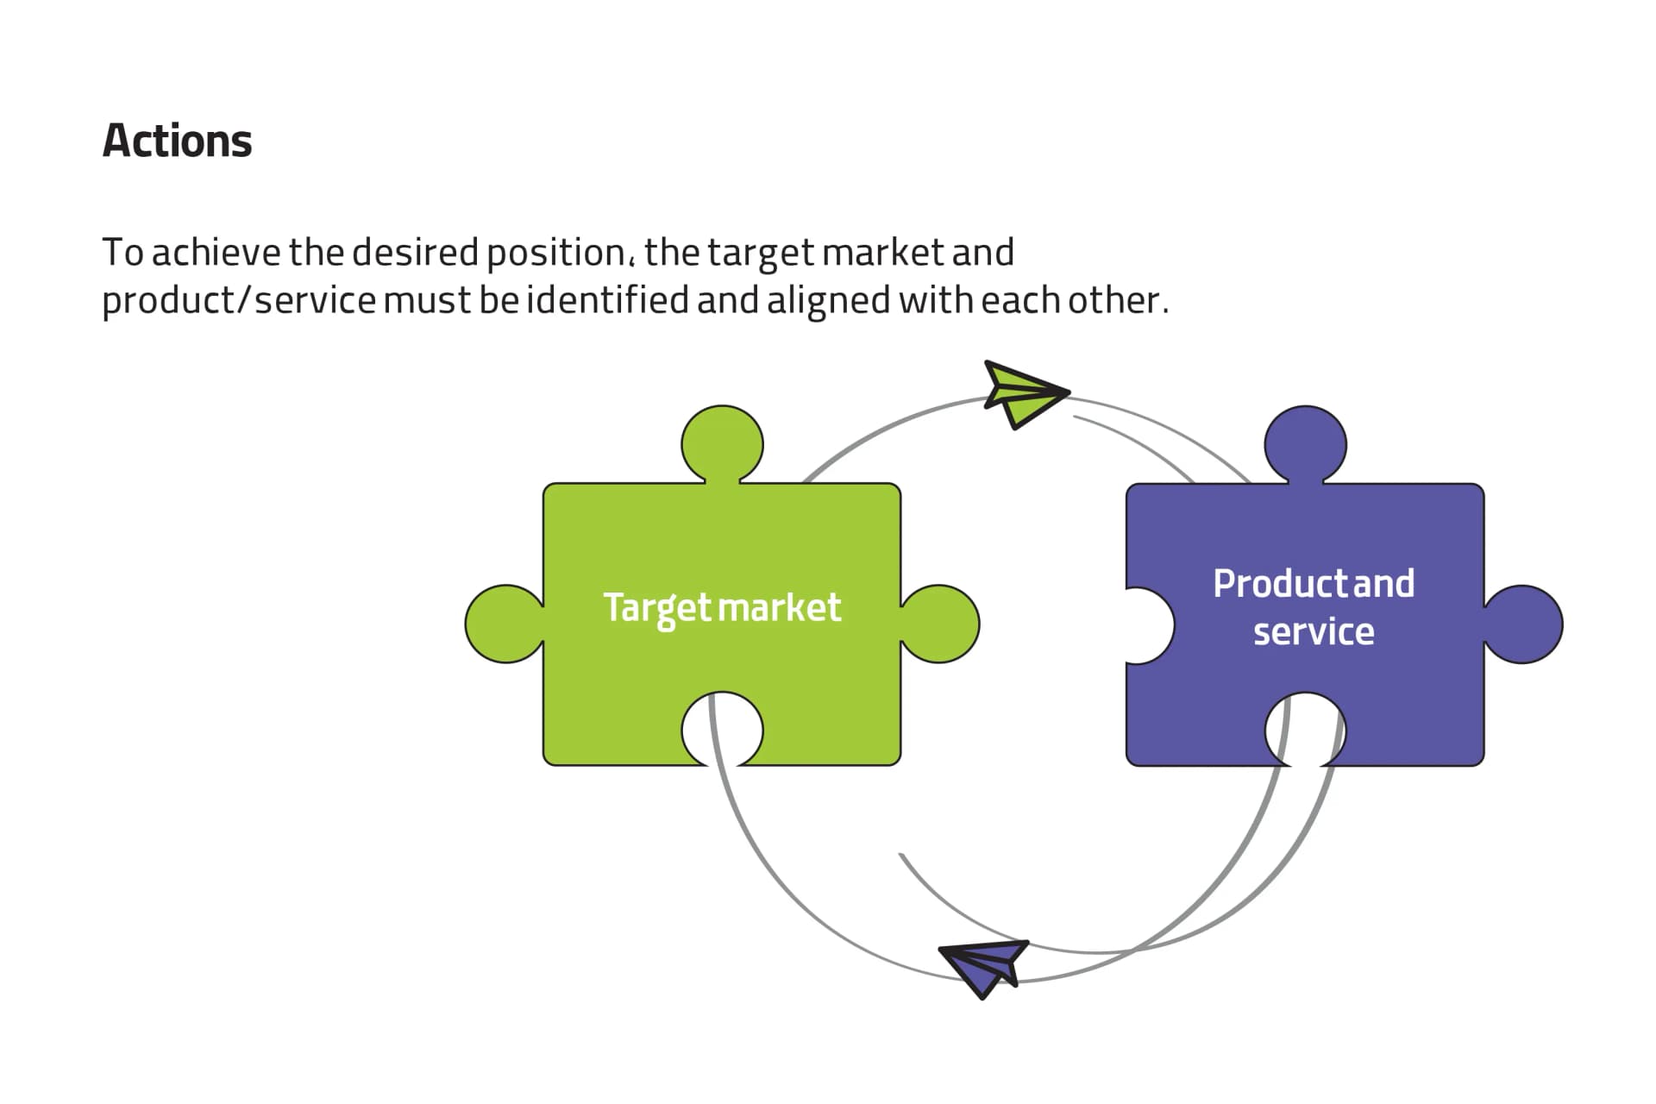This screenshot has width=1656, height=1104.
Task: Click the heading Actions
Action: (x=177, y=141)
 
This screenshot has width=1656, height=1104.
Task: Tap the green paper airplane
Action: (x=1022, y=394)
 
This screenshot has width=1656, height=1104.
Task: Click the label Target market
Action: (x=722, y=608)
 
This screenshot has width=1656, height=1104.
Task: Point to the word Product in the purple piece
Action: (x=1281, y=584)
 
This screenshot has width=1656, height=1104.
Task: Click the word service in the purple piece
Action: (x=1314, y=632)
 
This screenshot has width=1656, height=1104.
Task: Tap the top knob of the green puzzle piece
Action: (x=722, y=444)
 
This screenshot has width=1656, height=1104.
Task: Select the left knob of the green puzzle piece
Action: (x=505, y=624)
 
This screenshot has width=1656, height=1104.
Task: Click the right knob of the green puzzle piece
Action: (x=940, y=624)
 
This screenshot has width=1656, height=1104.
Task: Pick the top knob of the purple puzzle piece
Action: (x=1305, y=444)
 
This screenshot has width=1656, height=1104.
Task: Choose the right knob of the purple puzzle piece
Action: (x=1523, y=624)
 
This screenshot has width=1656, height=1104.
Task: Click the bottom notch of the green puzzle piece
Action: (x=722, y=731)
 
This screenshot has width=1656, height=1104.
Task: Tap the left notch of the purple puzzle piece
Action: (x=1147, y=625)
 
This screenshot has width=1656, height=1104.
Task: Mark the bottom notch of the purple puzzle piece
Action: (x=1305, y=731)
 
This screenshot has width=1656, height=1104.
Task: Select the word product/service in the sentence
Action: (x=239, y=301)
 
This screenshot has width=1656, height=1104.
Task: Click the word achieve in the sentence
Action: (x=216, y=254)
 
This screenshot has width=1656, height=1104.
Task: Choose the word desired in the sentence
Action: (x=415, y=254)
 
